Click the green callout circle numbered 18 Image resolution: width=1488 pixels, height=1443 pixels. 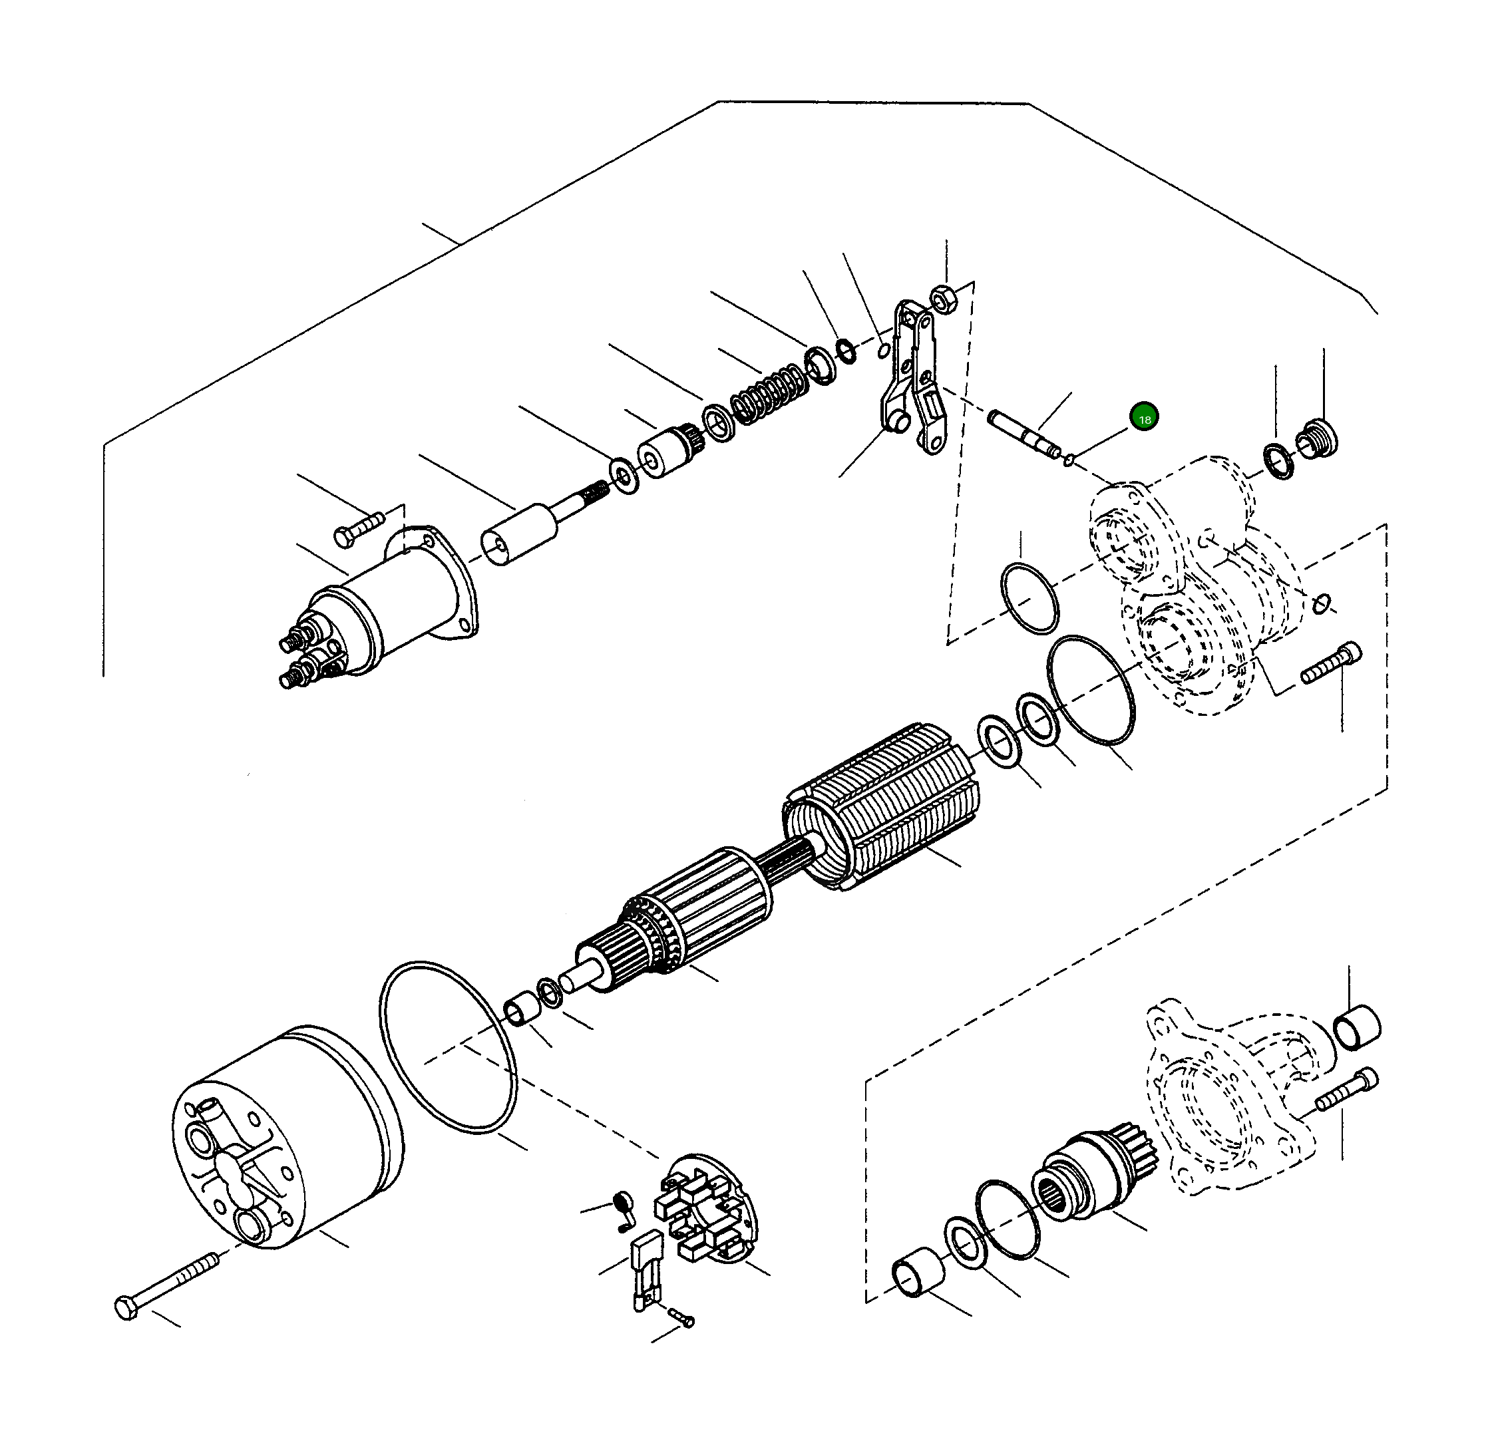(1144, 418)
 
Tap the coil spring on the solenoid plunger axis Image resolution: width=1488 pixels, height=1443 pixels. (765, 394)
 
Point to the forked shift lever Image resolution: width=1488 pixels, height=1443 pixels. (912, 379)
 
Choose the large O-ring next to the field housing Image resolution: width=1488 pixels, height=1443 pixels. (448, 1048)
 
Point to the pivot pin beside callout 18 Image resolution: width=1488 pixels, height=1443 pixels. (1024, 435)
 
